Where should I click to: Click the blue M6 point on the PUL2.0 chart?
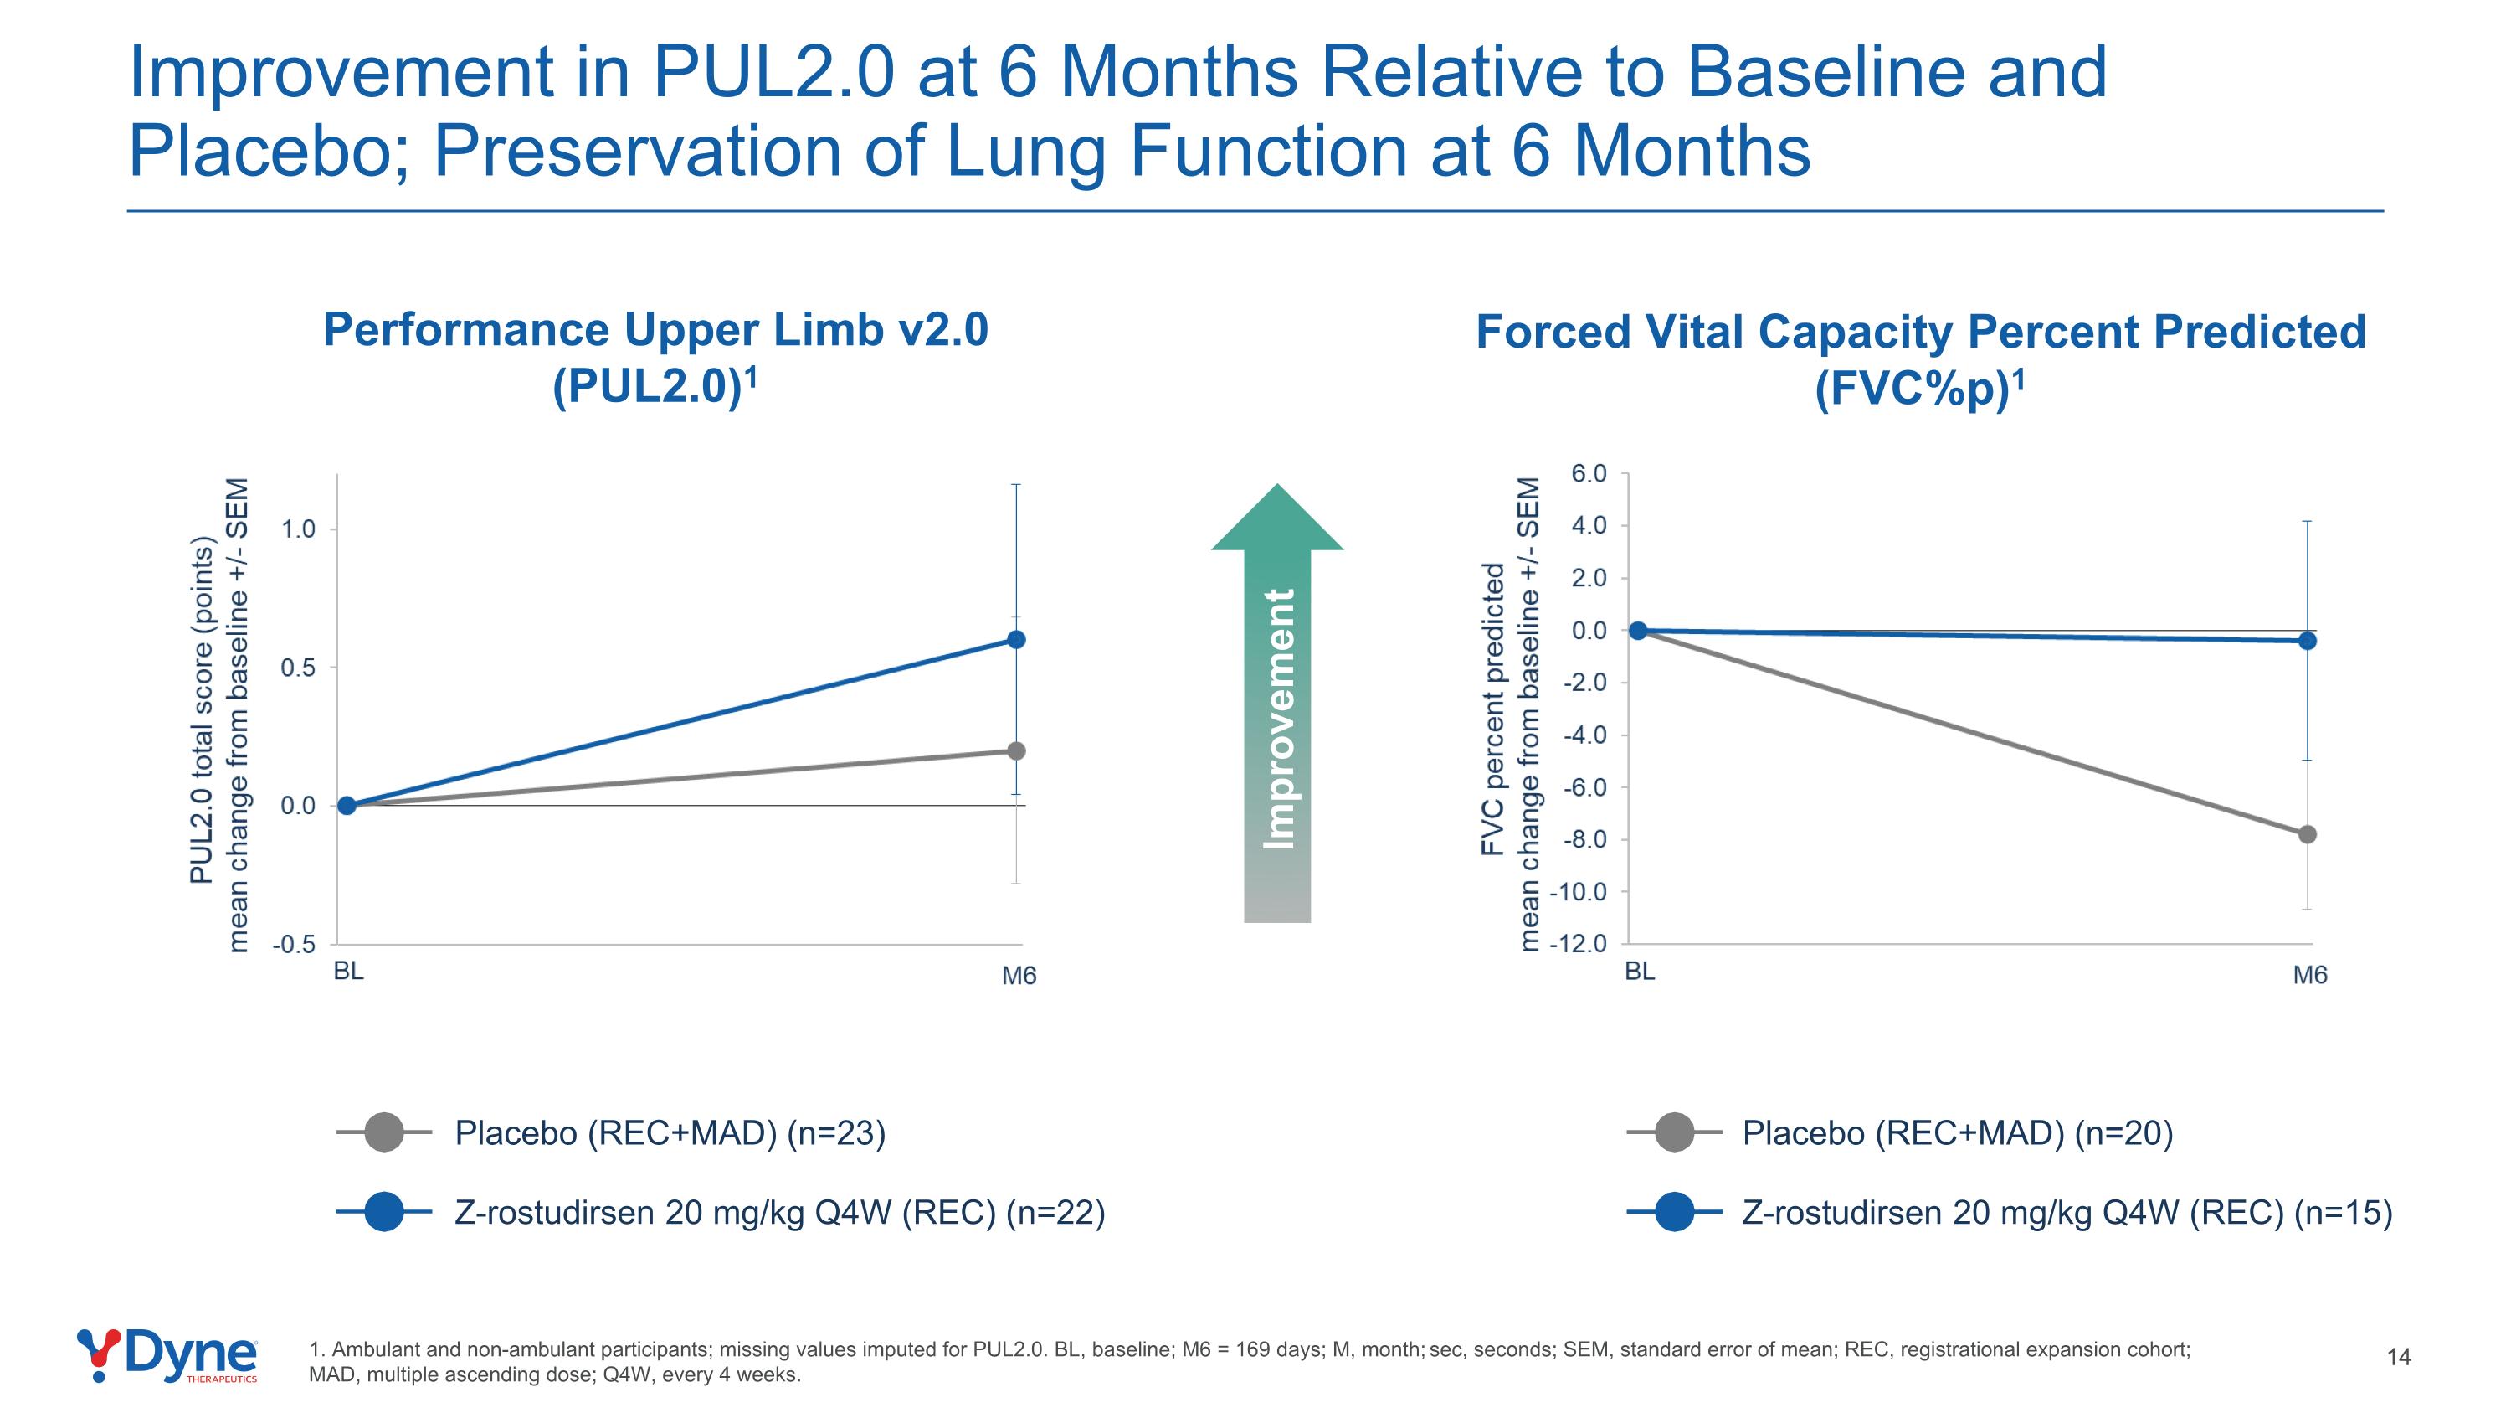click(1016, 640)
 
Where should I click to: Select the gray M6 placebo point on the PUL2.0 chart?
click(1016, 750)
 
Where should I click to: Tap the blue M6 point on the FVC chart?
click(2308, 641)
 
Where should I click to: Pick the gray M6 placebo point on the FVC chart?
click(2308, 835)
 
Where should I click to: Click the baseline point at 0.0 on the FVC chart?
click(1639, 631)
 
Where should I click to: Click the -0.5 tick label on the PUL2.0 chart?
click(295, 945)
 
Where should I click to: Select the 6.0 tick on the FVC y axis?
click(1589, 474)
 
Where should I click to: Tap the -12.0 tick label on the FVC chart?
click(1581, 944)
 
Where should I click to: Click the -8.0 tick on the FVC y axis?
click(1585, 839)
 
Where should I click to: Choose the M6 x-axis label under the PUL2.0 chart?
click(1019, 976)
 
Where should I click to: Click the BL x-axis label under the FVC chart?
click(1640, 972)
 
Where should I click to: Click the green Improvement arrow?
click(1277, 702)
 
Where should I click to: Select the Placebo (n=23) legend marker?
click(384, 1132)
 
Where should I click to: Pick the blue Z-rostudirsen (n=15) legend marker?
click(1675, 1212)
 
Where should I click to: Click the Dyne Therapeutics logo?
click(167, 1355)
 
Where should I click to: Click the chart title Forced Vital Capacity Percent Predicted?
click(1920, 332)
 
